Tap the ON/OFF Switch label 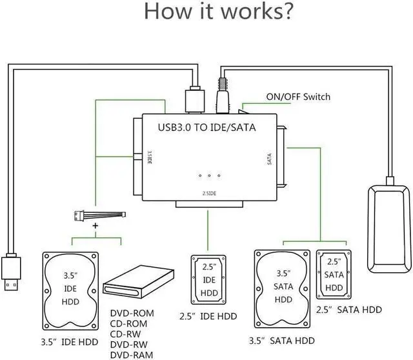[x=298, y=97]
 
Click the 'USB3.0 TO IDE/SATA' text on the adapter [x=206, y=127]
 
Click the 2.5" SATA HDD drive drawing [x=334, y=274]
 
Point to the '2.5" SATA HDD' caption [x=349, y=310]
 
